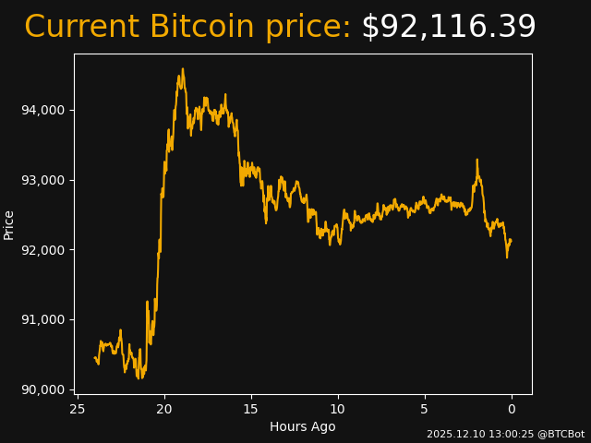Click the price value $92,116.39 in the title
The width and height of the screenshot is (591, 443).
pos(448,28)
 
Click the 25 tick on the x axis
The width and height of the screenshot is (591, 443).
pos(78,409)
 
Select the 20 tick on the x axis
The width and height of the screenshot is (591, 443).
pos(164,409)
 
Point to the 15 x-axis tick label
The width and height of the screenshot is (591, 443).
pos(251,409)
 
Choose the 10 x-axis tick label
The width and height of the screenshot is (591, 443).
pos(338,409)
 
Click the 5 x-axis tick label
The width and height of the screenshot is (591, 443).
pos(425,409)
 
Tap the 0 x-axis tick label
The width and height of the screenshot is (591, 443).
pos(512,409)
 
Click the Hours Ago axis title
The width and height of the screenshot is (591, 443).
pos(303,426)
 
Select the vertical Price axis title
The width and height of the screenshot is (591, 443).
pos(9,224)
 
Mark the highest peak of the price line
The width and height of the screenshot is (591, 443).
pos(182,69)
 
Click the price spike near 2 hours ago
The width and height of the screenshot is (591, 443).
pos(476,160)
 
